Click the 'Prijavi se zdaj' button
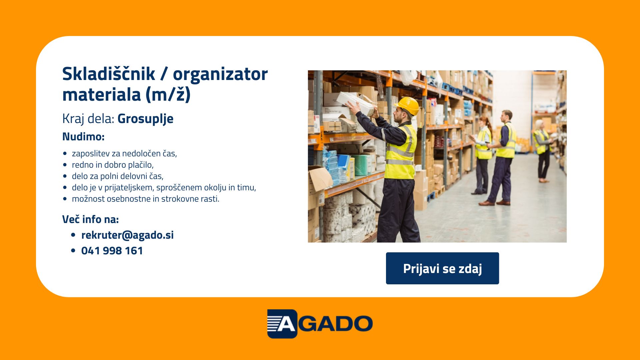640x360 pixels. [442, 268]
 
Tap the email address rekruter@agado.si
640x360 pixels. [127, 235]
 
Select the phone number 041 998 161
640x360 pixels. [112, 251]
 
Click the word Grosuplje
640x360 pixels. [145, 119]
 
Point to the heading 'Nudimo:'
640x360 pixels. [83, 137]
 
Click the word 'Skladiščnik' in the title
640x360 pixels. [109, 74]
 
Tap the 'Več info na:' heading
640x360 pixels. [90, 219]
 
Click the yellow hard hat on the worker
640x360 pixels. [407, 105]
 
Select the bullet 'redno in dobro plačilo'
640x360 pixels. [113, 165]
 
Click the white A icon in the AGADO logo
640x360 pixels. [282, 324]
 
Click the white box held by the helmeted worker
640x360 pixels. [357, 103]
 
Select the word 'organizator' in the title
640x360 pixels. [220, 74]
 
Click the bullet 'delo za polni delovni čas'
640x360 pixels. [118, 176]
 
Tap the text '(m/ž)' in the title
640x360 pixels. [168, 95]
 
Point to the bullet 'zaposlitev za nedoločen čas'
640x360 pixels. [124, 153]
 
